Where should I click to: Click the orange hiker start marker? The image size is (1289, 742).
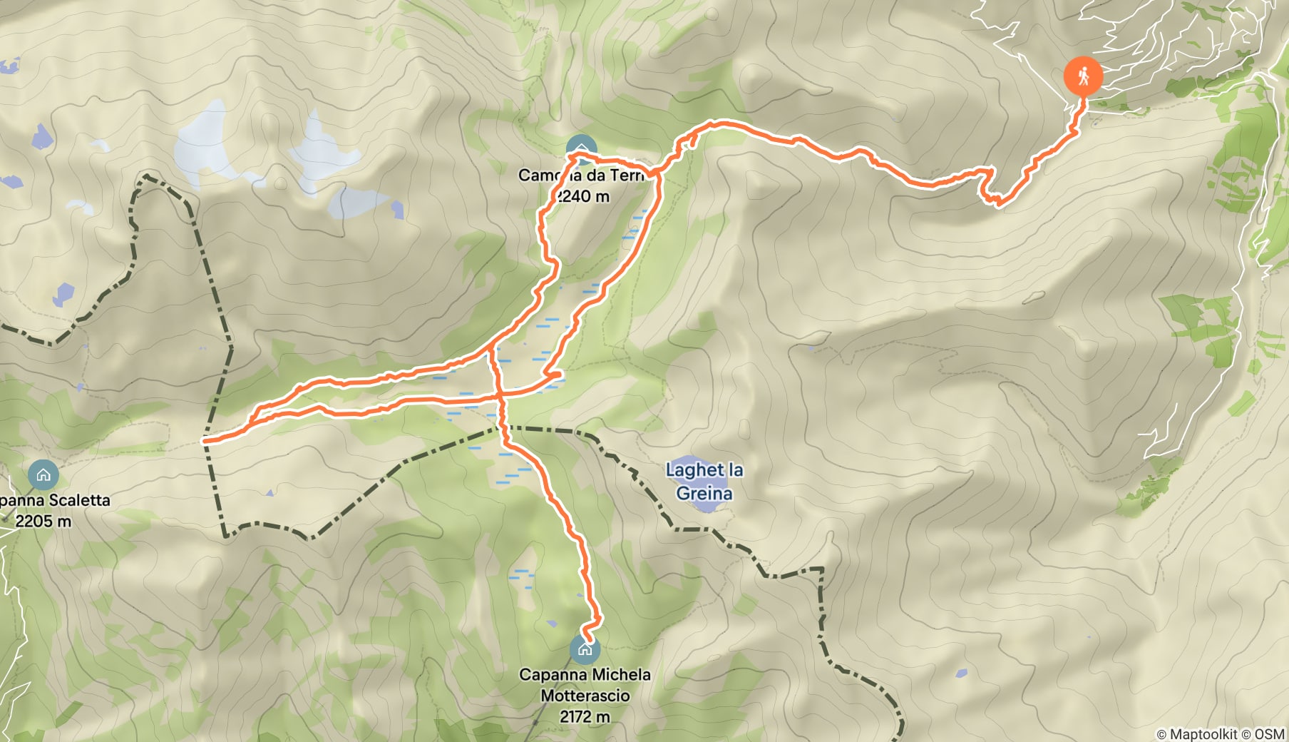pyautogui.click(x=1083, y=76)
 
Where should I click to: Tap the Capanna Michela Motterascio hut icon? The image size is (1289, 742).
pyautogui.click(x=585, y=649)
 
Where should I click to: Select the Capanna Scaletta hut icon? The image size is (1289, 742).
pyautogui.click(x=43, y=474)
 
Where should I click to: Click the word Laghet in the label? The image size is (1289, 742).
pyautogui.click(x=689, y=470)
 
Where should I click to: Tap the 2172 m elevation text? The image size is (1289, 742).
pyautogui.click(x=585, y=716)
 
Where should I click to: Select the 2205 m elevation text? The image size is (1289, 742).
pyautogui.click(x=43, y=522)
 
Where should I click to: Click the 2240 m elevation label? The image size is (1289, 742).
pyautogui.click(x=583, y=196)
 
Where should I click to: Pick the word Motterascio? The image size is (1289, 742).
pyautogui.click(x=585, y=696)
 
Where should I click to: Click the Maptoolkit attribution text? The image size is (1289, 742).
pyautogui.click(x=1203, y=734)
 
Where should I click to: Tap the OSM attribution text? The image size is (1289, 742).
pyautogui.click(x=1269, y=734)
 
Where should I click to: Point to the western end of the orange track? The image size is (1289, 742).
pyautogui.click(x=205, y=441)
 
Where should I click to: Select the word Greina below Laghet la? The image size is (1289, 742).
pyautogui.click(x=704, y=494)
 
